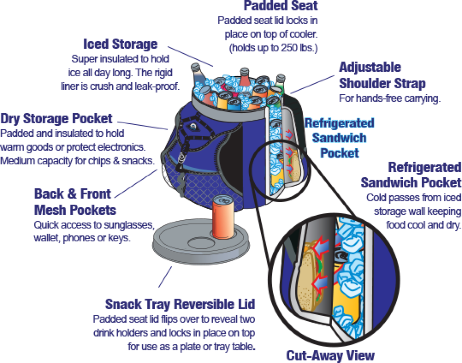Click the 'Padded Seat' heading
(x=281, y=6)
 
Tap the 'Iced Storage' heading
(x=120, y=44)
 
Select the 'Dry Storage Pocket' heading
(x=56, y=118)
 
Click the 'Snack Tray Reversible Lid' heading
(x=180, y=304)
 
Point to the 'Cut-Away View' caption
(x=330, y=355)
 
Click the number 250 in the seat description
(x=289, y=48)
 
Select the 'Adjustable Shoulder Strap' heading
(x=382, y=75)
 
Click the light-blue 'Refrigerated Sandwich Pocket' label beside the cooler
(x=339, y=138)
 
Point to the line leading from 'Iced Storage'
(x=190, y=56)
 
